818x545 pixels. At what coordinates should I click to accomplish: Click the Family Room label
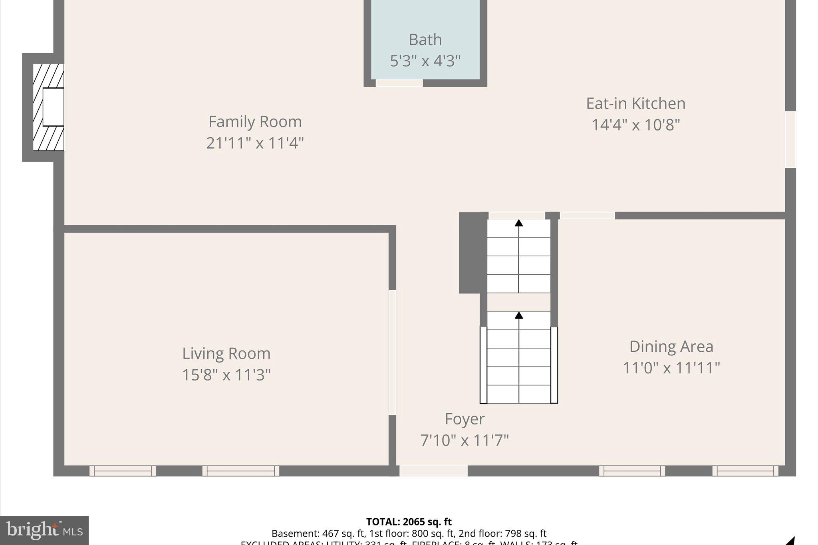click(255, 122)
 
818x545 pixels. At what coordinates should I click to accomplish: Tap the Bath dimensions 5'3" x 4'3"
click(425, 61)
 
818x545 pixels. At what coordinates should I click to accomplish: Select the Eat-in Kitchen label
click(635, 103)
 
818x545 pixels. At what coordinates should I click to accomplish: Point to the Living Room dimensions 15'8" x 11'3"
click(226, 375)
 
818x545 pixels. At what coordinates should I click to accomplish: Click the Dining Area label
click(671, 346)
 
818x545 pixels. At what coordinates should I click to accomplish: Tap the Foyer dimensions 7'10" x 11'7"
click(465, 440)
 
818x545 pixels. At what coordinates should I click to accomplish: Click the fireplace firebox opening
click(53, 107)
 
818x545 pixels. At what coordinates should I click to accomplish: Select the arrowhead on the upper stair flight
click(518, 223)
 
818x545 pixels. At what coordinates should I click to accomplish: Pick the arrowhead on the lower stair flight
click(518, 315)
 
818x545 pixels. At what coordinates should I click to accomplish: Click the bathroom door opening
click(399, 83)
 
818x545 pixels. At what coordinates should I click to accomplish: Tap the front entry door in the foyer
click(433, 471)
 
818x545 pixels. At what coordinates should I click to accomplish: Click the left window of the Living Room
click(123, 471)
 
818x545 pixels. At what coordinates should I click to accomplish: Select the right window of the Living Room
click(240, 471)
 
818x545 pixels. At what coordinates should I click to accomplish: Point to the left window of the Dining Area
click(632, 471)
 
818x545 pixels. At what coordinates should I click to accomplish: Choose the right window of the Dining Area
click(745, 471)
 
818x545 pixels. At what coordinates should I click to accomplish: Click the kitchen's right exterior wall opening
click(790, 139)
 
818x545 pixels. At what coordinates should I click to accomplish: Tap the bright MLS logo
click(44, 530)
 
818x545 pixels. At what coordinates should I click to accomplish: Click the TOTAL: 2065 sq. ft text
click(409, 521)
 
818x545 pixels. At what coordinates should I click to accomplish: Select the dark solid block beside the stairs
click(470, 253)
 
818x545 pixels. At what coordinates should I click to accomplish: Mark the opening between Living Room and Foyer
click(392, 352)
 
